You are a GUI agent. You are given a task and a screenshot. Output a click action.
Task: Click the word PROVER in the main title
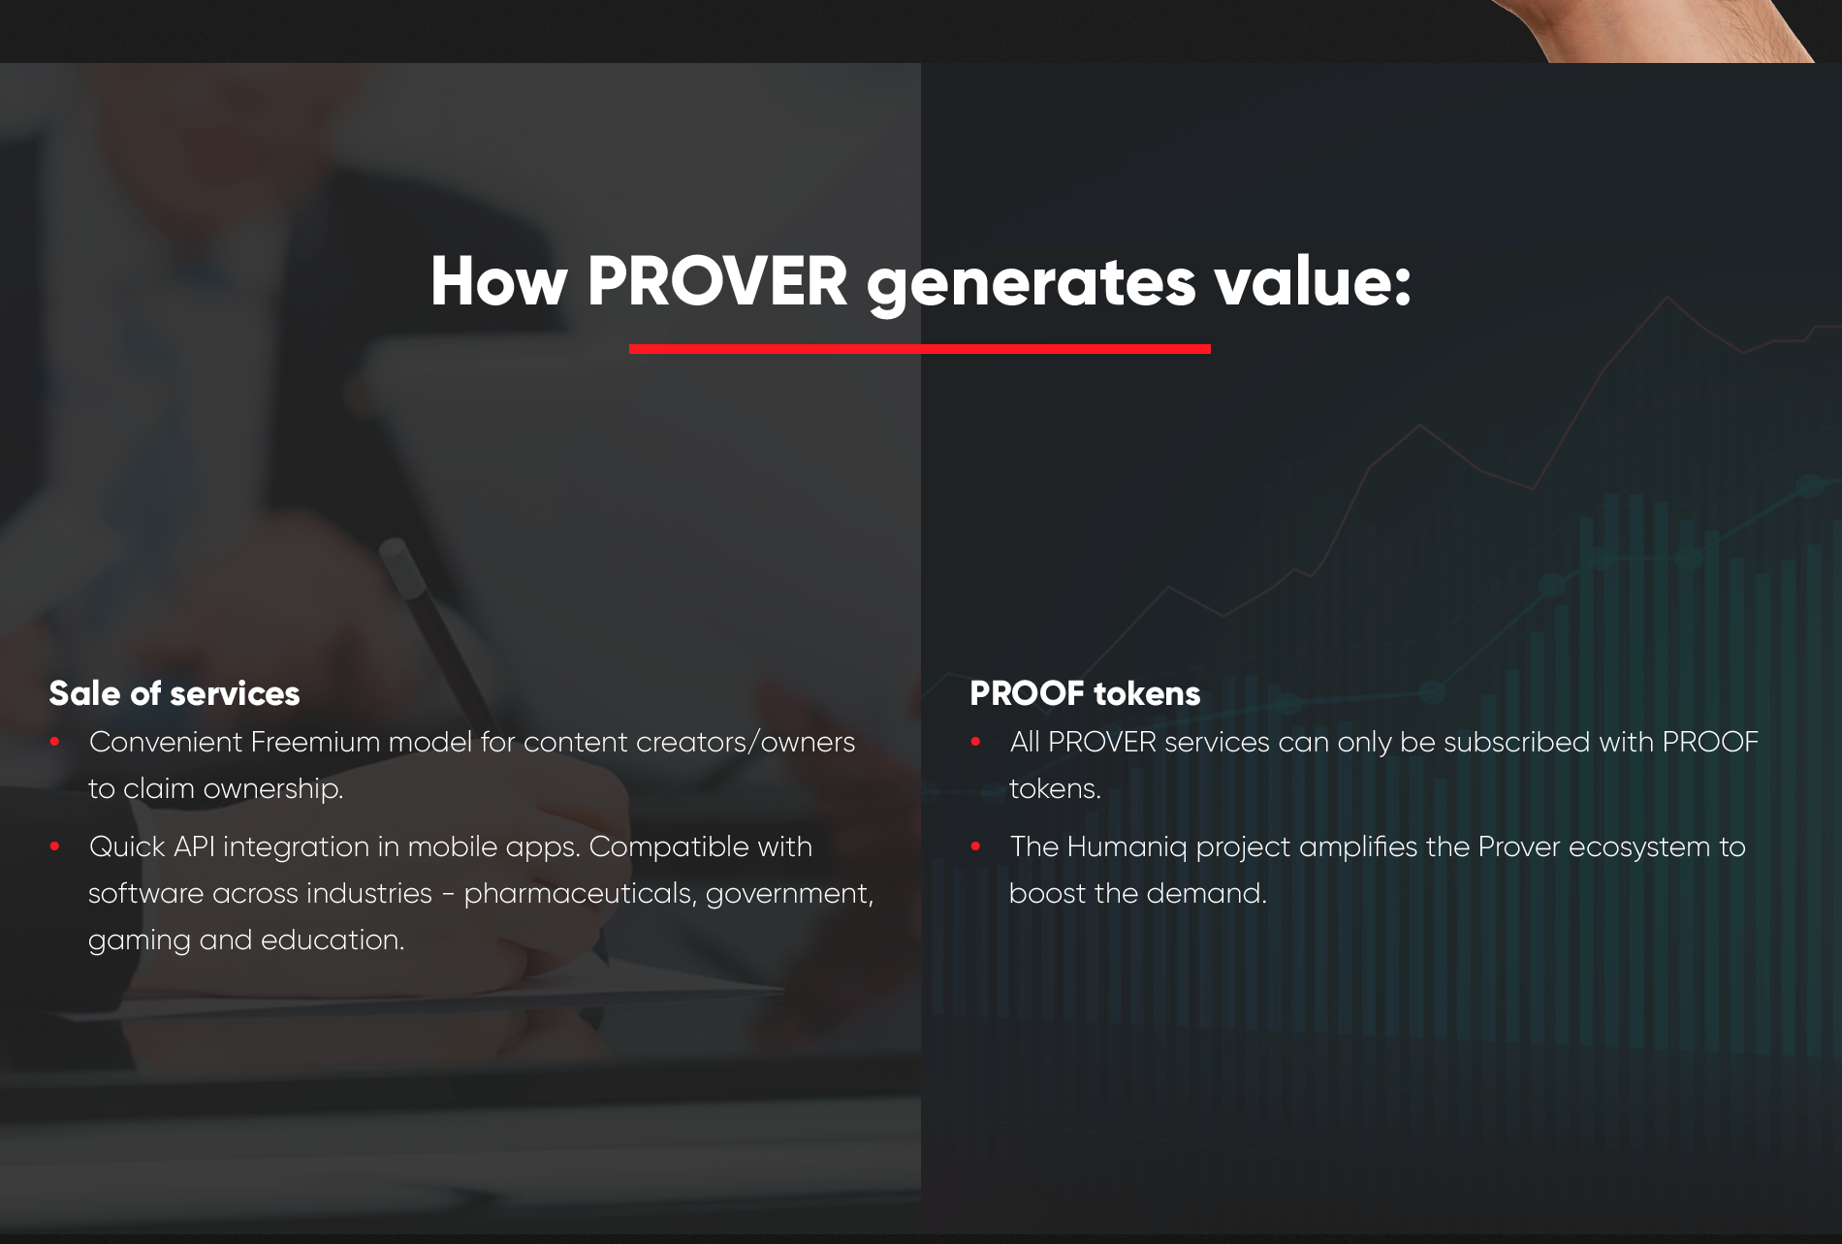(717, 282)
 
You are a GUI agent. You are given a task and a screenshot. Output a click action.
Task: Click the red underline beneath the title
(920, 349)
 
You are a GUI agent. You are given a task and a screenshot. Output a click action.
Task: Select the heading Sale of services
(175, 693)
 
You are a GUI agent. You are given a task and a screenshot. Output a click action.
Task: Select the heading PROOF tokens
(1085, 693)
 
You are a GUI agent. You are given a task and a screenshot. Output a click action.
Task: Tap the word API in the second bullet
(194, 846)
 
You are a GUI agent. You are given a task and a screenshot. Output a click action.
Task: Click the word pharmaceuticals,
(580, 894)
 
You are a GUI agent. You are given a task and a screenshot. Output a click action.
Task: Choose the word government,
(789, 895)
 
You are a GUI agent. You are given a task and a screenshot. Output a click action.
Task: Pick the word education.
(333, 940)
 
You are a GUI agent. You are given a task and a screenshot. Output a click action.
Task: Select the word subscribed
(1517, 742)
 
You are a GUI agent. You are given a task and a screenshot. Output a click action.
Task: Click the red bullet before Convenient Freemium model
(55, 742)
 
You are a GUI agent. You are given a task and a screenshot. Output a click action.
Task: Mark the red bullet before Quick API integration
(55, 846)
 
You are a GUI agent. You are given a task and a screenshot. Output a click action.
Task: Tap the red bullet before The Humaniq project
(976, 846)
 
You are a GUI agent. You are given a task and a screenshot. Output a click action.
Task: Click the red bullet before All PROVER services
(976, 742)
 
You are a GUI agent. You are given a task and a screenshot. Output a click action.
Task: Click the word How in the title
(498, 282)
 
